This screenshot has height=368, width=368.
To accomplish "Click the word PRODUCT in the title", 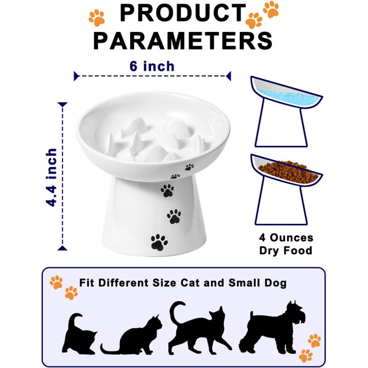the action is point(183,13).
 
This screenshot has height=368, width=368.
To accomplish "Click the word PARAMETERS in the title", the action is point(183,40).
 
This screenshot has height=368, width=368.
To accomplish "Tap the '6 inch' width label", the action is point(152,66).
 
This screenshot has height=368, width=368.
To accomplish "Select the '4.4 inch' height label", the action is point(52,177).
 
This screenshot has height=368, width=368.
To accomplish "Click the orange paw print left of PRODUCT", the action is point(97,18).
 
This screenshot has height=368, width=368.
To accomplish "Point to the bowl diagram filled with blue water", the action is point(286,112).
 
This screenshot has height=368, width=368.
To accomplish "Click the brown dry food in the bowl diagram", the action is point(288,172).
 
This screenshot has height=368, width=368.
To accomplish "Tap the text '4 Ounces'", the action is point(286,238).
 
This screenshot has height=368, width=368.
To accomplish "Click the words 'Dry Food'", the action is point(286,250).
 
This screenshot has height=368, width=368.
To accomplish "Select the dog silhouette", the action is point(272,328).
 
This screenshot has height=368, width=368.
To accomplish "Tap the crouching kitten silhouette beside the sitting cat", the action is point(79,334).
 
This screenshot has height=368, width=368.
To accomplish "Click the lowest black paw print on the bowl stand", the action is point(159,242).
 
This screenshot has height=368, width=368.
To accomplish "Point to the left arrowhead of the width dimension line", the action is point(76,76).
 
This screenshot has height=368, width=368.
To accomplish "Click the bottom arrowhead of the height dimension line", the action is point(63,248).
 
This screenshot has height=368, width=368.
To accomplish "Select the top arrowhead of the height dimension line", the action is point(63,105).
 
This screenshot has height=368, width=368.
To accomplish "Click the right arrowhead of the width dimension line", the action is point(228,76).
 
